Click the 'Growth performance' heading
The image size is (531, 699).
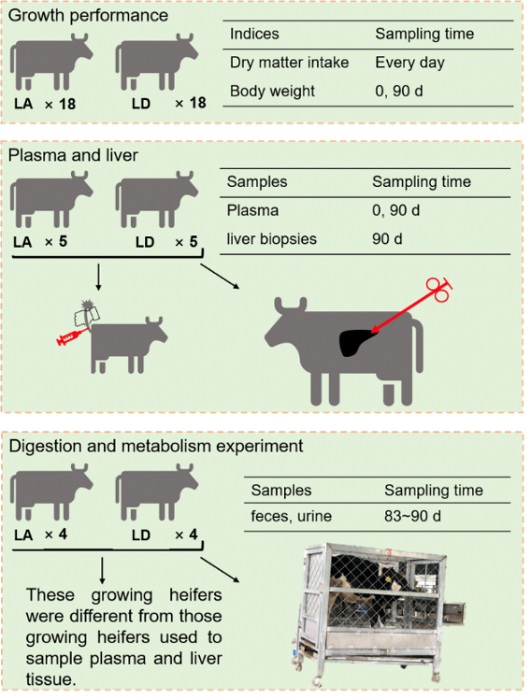pos(88,16)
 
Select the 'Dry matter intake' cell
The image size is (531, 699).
pos(290,63)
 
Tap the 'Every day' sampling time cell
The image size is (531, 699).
pos(409,63)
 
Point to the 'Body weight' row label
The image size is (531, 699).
pos(272,91)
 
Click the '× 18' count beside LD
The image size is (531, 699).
pos(191,104)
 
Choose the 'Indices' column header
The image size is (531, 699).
pos(254,34)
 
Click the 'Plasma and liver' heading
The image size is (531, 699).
pos(73,155)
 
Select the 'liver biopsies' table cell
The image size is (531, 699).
pos(271,239)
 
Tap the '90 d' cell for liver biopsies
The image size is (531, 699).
pos(387,239)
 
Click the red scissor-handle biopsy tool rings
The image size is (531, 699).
pos(438,290)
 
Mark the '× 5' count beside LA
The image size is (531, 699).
pos(56,242)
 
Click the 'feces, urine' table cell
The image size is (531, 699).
pos(291,516)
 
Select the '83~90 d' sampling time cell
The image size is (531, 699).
pos(412,516)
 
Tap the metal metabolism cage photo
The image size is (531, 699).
pos(379,614)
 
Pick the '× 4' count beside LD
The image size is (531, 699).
pos(186,535)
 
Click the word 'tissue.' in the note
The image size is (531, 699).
pos(50,679)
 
